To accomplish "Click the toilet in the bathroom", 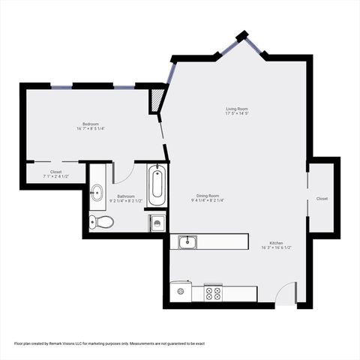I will [101, 220].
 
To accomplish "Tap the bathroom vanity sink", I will [96, 193].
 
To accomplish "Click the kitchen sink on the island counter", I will [188, 241].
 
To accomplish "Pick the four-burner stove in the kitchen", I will [213, 293].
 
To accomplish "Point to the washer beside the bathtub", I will [157, 221].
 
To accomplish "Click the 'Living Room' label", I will [237, 109].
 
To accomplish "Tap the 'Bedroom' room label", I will [91, 123].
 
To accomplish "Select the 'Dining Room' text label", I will [208, 195].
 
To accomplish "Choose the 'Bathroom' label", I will [125, 196].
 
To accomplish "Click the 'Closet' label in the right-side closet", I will [322, 199].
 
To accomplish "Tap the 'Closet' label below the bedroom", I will [56, 172].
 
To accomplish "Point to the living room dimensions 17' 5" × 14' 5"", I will [237, 115].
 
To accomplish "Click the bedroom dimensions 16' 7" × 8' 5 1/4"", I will [91, 128].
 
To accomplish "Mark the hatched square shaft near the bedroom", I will [157, 100].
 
